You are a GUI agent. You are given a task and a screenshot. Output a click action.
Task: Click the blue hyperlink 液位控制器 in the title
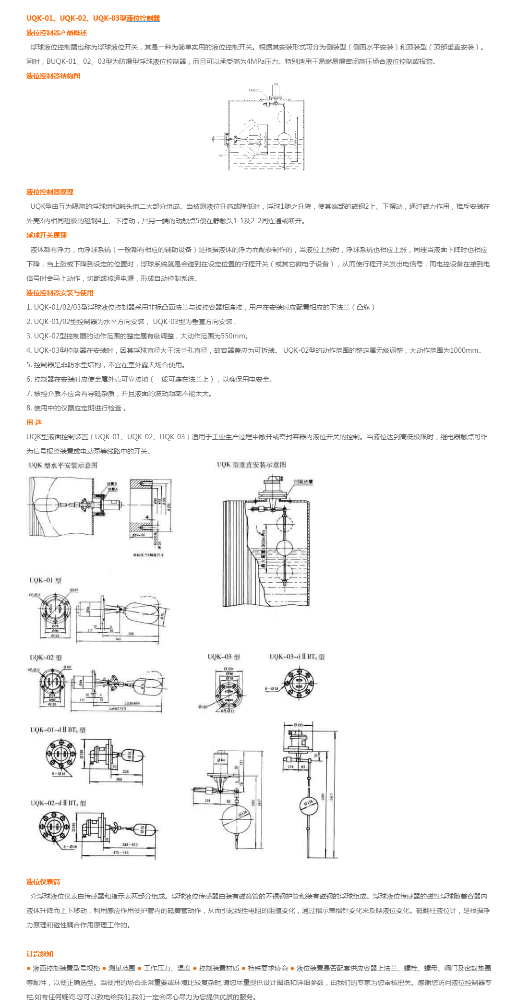click(x=143, y=18)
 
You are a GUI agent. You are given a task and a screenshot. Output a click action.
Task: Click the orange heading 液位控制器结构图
click(x=53, y=76)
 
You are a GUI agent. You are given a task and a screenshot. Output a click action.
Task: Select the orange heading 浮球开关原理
click(x=47, y=235)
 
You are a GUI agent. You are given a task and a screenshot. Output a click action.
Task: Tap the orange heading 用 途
click(x=34, y=422)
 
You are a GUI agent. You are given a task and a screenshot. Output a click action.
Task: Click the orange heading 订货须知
click(x=40, y=954)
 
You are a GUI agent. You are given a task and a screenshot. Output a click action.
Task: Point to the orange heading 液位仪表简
click(x=43, y=882)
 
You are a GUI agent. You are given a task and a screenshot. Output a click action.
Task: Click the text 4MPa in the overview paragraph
click(x=255, y=61)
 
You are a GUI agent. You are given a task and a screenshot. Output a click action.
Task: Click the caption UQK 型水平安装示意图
click(x=63, y=465)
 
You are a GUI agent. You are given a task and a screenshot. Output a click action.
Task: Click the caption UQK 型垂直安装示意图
click(x=251, y=465)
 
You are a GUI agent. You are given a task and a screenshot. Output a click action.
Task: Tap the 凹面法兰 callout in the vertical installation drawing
click(x=303, y=481)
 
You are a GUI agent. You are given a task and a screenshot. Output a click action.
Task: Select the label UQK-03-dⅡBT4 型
click(x=297, y=657)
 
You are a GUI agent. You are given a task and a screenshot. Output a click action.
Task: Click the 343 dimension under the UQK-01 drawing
click(x=118, y=639)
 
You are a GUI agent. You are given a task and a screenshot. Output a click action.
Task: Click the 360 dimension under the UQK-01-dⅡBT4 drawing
click(x=119, y=779)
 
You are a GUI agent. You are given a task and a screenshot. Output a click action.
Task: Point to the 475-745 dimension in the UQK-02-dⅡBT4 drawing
click(x=120, y=852)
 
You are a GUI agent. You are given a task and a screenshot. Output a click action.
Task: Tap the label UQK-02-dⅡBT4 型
click(x=58, y=803)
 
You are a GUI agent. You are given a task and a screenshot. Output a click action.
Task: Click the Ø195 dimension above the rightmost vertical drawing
click(x=298, y=725)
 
